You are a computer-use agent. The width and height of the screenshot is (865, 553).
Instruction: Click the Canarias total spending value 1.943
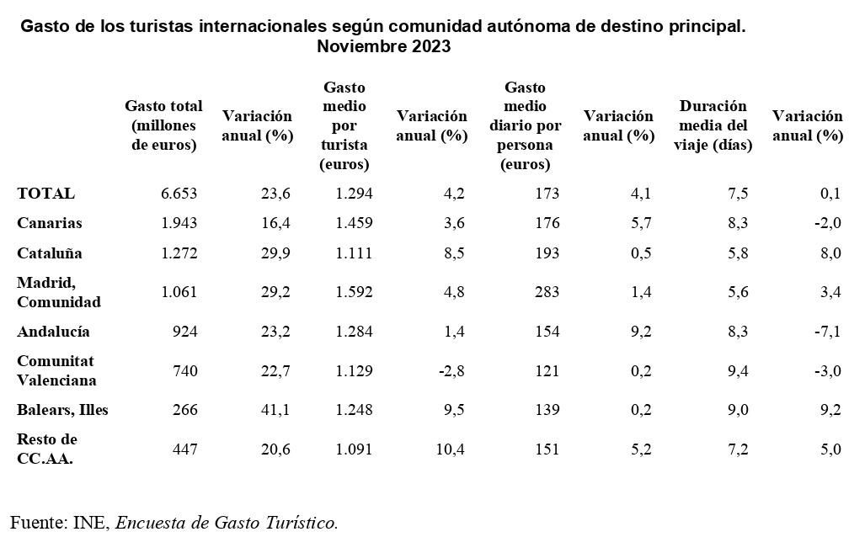[179, 223]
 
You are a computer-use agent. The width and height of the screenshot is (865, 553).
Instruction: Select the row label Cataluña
[50, 253]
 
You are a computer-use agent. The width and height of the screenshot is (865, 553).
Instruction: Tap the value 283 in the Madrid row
[546, 292]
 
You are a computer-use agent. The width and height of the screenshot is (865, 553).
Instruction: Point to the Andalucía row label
[53, 332]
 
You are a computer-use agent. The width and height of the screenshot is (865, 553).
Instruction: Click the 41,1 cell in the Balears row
[275, 410]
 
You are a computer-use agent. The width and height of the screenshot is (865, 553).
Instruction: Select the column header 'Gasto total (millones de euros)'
[163, 125]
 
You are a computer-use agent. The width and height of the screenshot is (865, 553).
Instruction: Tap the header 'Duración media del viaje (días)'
[713, 125]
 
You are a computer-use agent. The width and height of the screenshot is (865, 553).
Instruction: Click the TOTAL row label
[45, 194]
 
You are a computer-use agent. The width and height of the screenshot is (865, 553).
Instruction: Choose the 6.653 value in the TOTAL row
[179, 194]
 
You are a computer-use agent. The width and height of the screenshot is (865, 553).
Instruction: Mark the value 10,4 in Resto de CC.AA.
[449, 449]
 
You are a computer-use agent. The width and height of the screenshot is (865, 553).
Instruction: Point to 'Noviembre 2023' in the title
[383, 47]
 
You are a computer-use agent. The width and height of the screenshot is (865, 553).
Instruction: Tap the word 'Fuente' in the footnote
[38, 523]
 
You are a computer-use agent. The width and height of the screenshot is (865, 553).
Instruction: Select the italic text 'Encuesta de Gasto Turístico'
[226, 523]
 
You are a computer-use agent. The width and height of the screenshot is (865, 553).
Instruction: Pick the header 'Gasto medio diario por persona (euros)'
[525, 125]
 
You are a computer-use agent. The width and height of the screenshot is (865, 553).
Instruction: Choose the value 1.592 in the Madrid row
[354, 292]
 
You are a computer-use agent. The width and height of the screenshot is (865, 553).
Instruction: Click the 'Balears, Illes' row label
[62, 410]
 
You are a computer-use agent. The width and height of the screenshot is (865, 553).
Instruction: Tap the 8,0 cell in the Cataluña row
[830, 253]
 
